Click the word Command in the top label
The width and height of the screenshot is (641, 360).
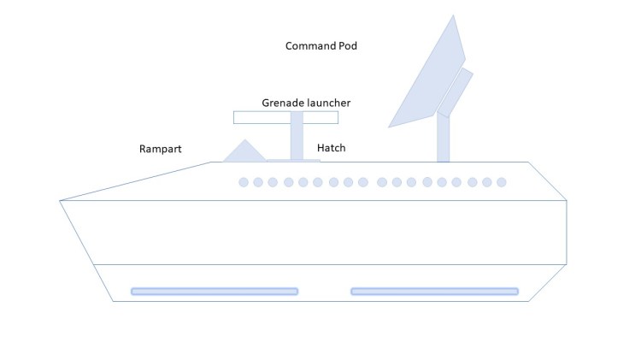click(310, 45)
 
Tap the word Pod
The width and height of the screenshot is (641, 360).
click(347, 45)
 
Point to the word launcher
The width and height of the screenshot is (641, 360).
click(329, 103)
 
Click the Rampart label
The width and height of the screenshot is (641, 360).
click(161, 149)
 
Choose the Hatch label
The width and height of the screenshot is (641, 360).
click(332, 148)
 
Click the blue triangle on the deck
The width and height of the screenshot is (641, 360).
click(244, 152)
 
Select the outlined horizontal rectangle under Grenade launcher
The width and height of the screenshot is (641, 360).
click(256, 117)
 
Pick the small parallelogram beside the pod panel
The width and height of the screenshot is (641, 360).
click(456, 91)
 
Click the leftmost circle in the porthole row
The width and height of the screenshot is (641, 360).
click(244, 182)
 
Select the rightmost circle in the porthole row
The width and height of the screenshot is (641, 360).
click(502, 182)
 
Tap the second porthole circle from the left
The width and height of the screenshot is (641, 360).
click(258, 182)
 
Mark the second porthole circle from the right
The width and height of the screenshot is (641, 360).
click(487, 182)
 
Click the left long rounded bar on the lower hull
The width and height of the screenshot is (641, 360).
click(215, 292)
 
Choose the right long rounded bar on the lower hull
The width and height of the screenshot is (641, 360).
click(434, 292)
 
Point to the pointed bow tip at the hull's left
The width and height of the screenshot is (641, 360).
click(62, 201)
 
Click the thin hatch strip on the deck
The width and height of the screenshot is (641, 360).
click(293, 160)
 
